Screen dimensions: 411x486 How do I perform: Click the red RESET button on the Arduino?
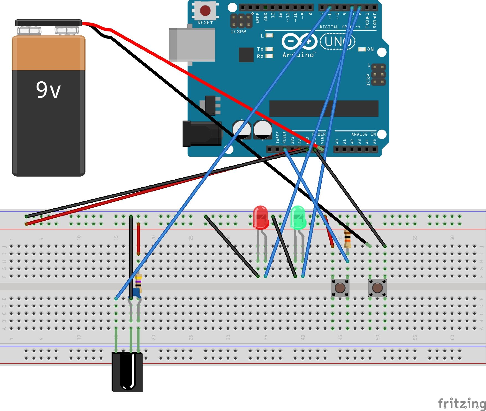[205, 11]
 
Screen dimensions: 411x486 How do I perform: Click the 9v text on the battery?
[48, 90]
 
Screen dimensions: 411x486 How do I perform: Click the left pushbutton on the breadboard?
[340, 288]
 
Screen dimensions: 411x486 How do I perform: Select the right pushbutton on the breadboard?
[377, 288]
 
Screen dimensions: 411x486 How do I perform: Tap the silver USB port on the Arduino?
[192, 44]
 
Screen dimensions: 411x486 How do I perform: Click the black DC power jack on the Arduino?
[201, 134]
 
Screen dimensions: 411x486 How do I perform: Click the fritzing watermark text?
[462, 403]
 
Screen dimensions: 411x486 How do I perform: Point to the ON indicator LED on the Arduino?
[362, 49]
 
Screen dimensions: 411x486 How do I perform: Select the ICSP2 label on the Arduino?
[238, 32]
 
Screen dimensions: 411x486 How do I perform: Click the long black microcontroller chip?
[324, 108]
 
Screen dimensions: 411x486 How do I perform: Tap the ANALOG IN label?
[363, 134]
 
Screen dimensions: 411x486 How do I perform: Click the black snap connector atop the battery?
[48, 23]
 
